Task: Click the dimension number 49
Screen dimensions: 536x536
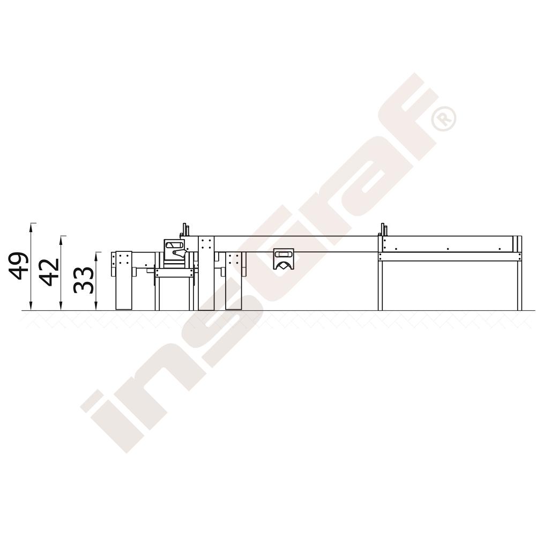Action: coord(18,266)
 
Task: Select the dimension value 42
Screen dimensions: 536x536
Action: coord(48,272)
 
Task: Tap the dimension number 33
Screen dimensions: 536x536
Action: coord(83,280)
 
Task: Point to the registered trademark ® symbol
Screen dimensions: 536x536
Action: coord(444,118)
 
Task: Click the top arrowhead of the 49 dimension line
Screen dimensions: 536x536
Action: coord(31,226)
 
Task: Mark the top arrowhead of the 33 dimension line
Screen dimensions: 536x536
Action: coord(96,255)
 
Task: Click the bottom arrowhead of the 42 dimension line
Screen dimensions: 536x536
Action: coord(61,307)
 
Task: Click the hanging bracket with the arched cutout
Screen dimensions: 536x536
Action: coord(284,259)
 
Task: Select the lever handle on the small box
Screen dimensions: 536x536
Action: coord(180,252)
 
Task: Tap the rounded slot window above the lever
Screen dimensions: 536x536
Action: coord(174,245)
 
